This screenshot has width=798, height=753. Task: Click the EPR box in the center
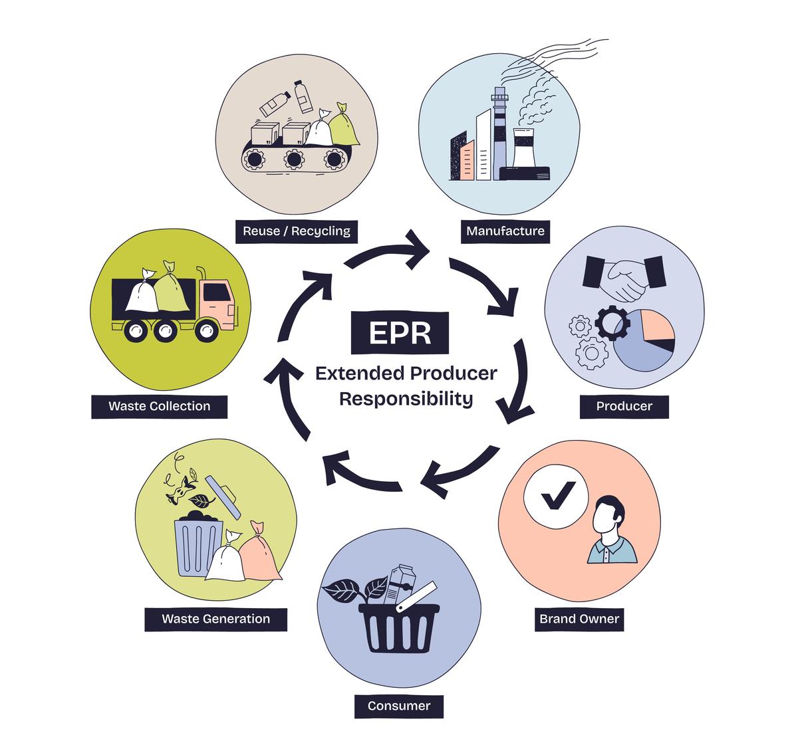pos(400,332)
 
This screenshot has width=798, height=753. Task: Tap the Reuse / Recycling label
pos(297,231)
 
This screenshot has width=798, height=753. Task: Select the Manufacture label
pos(505,231)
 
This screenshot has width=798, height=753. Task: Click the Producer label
pos(624,406)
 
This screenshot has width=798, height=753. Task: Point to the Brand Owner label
pos(579,619)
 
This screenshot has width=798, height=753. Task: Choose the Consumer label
pos(399,706)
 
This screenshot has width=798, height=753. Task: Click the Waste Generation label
pos(216,619)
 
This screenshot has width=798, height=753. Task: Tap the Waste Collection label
pos(160,406)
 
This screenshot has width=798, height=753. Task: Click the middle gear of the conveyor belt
pos(295,159)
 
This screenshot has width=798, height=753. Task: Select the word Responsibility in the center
pos(406,399)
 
